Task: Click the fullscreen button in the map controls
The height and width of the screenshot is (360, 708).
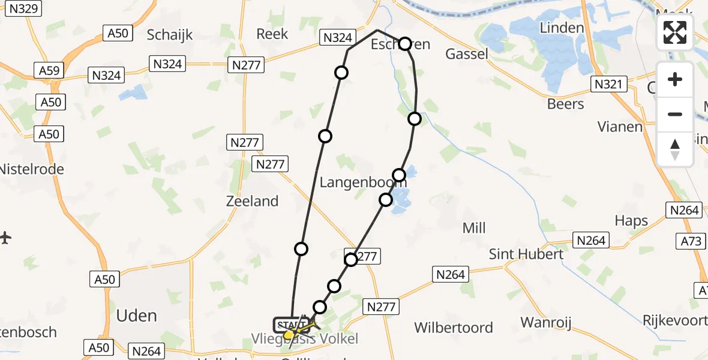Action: coord(675,32)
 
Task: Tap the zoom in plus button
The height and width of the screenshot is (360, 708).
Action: coord(675,79)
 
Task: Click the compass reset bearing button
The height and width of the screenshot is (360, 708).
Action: coord(675,149)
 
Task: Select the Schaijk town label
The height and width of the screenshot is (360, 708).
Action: coord(170,35)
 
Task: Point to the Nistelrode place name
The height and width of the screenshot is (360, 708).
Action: coord(31,169)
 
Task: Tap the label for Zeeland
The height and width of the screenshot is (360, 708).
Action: coord(252,201)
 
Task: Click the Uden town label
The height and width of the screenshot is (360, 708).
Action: coord(137,316)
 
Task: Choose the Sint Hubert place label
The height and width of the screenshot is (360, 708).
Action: coord(526,254)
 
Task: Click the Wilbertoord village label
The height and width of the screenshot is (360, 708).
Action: coord(454,328)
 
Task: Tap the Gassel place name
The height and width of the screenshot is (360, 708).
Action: coord(467,55)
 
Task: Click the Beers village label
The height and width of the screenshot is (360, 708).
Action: coord(565,104)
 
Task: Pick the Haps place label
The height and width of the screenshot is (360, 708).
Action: coord(631,221)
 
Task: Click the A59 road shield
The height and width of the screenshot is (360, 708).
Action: coord(49,71)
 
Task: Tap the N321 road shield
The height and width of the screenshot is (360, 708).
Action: coord(610,85)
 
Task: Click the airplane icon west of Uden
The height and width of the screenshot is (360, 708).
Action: coord(6,238)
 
